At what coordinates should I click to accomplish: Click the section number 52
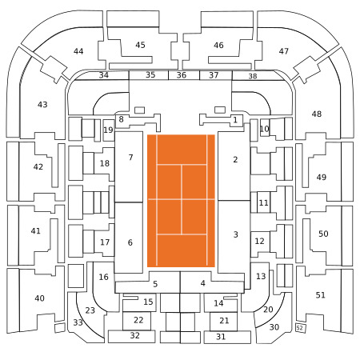(x=300, y=328)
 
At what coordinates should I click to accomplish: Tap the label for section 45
(x=140, y=45)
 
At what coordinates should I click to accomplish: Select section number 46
(x=218, y=45)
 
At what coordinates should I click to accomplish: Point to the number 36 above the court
(x=182, y=75)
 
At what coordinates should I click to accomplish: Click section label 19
(x=108, y=130)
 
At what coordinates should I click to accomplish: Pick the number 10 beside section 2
(x=265, y=129)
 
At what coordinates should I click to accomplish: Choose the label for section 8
(x=121, y=119)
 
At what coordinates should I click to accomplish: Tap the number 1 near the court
(x=235, y=120)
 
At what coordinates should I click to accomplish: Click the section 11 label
(x=264, y=202)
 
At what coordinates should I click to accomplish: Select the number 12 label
(x=259, y=241)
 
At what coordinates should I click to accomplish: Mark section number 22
(x=138, y=320)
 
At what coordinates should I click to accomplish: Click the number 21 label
(x=224, y=320)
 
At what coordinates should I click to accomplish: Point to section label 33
(x=78, y=322)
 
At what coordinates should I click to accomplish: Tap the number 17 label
(x=105, y=242)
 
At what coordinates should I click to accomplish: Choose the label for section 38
(x=253, y=76)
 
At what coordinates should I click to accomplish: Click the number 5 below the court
(x=155, y=284)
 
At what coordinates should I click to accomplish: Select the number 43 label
(x=42, y=104)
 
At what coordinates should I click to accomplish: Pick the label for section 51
(x=320, y=295)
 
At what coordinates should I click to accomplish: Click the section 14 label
(x=218, y=303)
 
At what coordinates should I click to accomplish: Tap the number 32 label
(x=134, y=335)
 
